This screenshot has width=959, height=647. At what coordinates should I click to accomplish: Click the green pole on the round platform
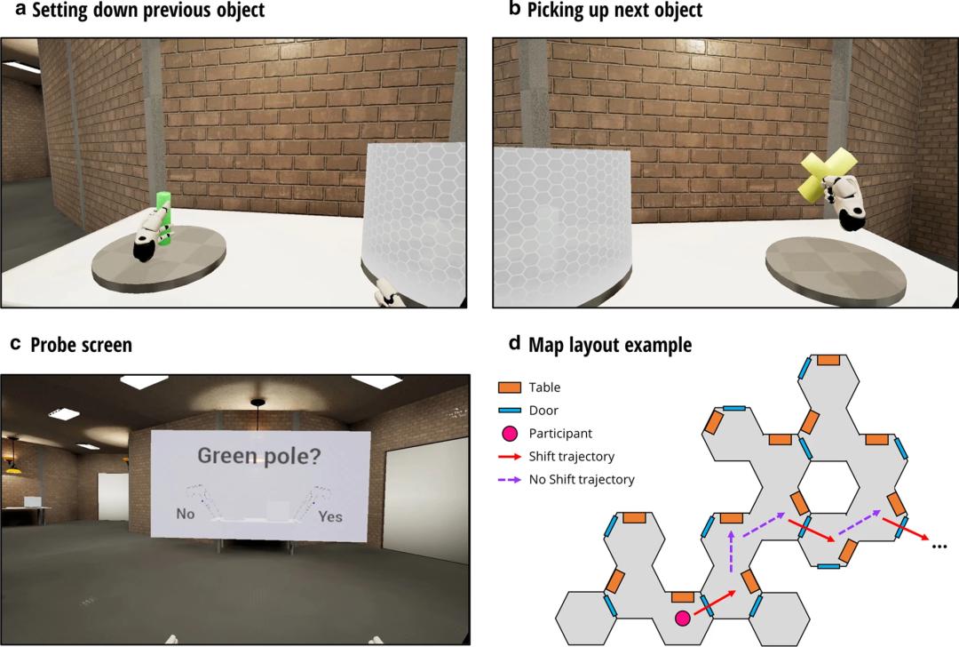[x=163, y=218]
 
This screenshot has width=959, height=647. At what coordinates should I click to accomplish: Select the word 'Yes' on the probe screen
[x=330, y=516]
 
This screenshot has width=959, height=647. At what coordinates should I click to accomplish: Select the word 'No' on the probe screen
[x=186, y=513]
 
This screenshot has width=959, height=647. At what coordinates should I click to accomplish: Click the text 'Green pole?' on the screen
[x=259, y=455]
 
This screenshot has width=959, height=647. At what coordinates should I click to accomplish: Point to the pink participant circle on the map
[x=683, y=619]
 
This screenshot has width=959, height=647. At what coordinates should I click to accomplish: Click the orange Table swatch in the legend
[x=510, y=387]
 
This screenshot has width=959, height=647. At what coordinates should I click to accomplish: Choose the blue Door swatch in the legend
[x=510, y=410]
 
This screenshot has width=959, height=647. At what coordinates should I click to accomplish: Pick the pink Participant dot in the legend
[x=510, y=434]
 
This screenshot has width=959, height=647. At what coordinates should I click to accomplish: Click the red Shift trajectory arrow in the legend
[x=510, y=457]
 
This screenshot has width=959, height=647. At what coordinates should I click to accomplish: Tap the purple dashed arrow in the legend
[x=510, y=480]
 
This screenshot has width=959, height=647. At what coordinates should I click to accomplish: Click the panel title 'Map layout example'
[x=610, y=345]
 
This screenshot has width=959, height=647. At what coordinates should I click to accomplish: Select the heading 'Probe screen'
[x=82, y=345]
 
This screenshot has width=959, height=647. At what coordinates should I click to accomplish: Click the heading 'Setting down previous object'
[x=148, y=11]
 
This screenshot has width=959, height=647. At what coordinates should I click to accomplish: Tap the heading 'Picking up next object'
[x=614, y=11]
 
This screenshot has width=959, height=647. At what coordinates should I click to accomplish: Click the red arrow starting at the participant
[x=715, y=603]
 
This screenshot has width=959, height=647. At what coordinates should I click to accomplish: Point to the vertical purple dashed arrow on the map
[x=731, y=552]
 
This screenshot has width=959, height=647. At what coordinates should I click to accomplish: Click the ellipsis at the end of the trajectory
[x=939, y=546]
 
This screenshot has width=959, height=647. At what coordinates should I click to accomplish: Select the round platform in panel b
[x=836, y=269]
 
